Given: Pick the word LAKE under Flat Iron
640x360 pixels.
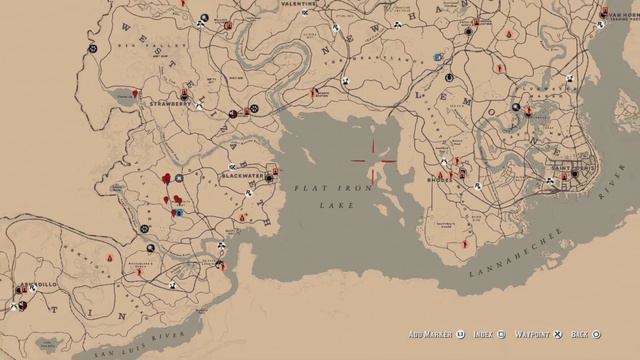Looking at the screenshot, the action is coord(329,204).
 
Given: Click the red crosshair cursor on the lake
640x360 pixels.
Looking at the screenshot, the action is coord(372,160).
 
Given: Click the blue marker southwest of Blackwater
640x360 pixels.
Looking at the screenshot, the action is coord(178,212).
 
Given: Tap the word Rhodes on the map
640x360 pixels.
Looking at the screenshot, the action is coord(438,181).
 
